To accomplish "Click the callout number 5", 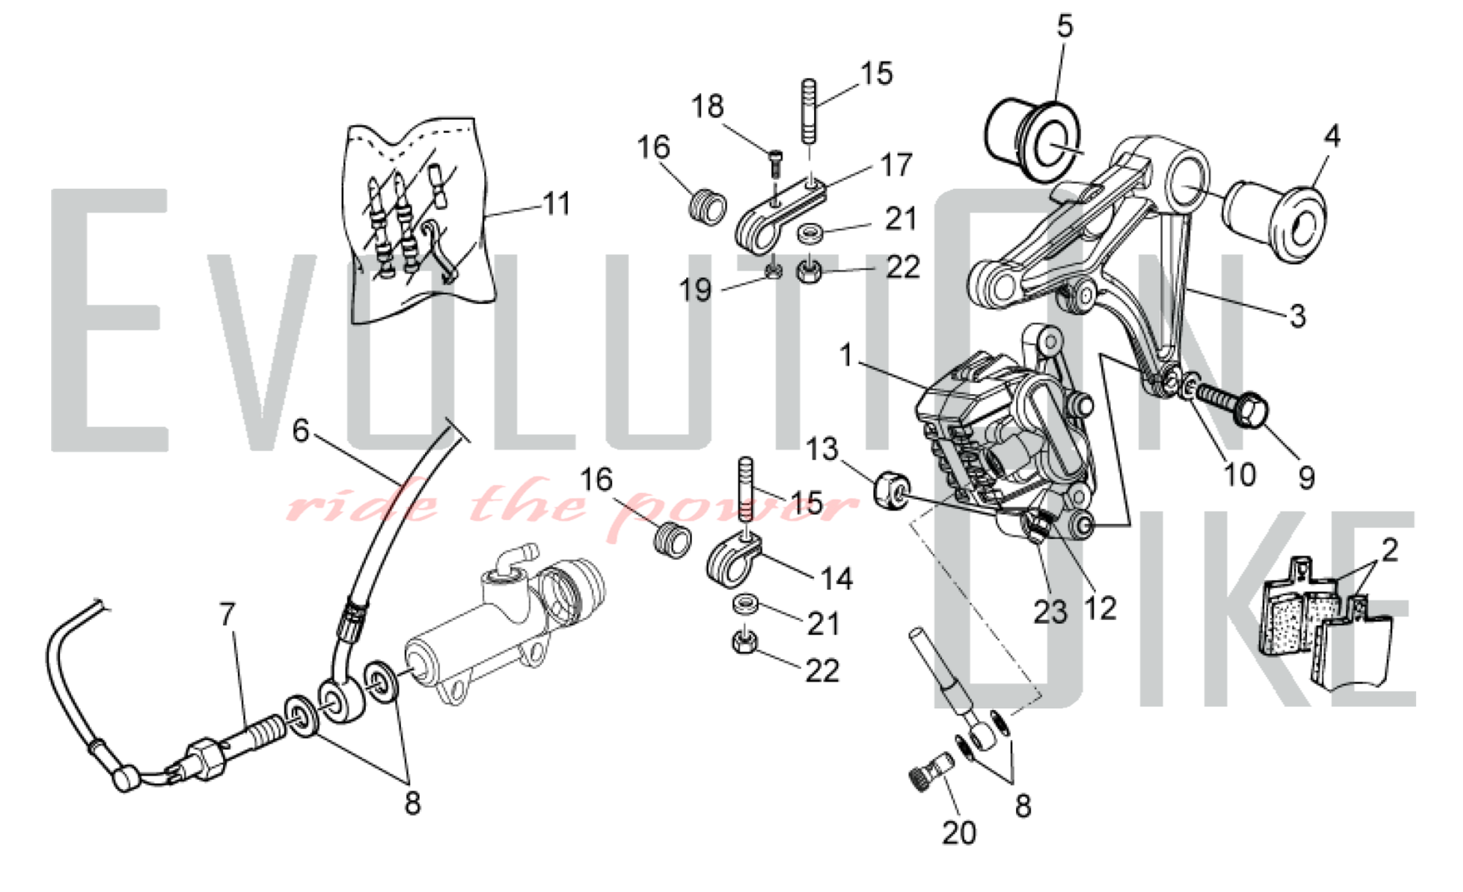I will tap(1065, 26).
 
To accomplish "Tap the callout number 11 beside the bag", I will tap(557, 203).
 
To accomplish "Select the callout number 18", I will tap(707, 107).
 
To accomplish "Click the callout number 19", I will tap(695, 290).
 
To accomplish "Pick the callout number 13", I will tap(821, 449).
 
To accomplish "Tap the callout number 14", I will tap(837, 578).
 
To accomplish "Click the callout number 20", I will tap(958, 832).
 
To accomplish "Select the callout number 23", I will tap(1050, 611).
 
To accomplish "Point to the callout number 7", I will tap(228, 614).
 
